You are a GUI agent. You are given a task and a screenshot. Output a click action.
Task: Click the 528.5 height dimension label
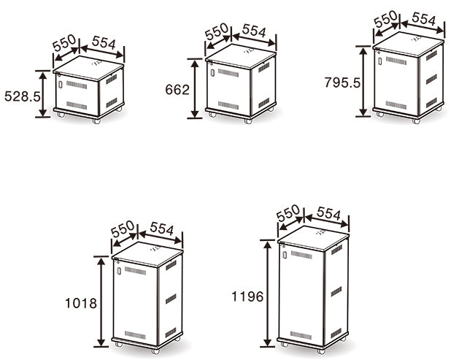23,96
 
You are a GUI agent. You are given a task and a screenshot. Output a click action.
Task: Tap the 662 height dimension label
177,89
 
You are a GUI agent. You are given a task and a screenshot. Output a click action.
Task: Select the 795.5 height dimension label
342,83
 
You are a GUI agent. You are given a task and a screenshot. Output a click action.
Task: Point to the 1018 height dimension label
81,303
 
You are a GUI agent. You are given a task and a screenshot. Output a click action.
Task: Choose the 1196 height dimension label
247,296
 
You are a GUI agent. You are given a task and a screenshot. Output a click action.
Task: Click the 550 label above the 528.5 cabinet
64,43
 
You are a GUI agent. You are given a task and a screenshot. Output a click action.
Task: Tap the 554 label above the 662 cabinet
254,31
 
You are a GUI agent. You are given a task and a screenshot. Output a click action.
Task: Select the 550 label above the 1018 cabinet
123,229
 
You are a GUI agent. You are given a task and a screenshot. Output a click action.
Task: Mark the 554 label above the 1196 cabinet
328,213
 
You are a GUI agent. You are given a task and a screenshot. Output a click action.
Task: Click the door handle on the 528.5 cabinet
60,84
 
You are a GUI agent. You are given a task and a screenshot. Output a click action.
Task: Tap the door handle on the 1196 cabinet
285,255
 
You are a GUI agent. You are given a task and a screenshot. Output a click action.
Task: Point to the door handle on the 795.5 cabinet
380,61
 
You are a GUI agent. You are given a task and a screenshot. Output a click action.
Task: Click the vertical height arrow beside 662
195,88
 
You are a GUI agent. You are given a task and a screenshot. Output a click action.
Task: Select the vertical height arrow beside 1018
101,302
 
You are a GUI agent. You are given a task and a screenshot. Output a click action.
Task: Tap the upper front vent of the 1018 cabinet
136,271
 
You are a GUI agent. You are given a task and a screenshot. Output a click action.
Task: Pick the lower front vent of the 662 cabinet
228,105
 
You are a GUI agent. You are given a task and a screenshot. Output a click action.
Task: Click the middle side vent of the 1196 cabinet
336,291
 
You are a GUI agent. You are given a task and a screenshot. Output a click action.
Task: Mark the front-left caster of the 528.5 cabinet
61,114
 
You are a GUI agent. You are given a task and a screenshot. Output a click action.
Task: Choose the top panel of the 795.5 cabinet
409,44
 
